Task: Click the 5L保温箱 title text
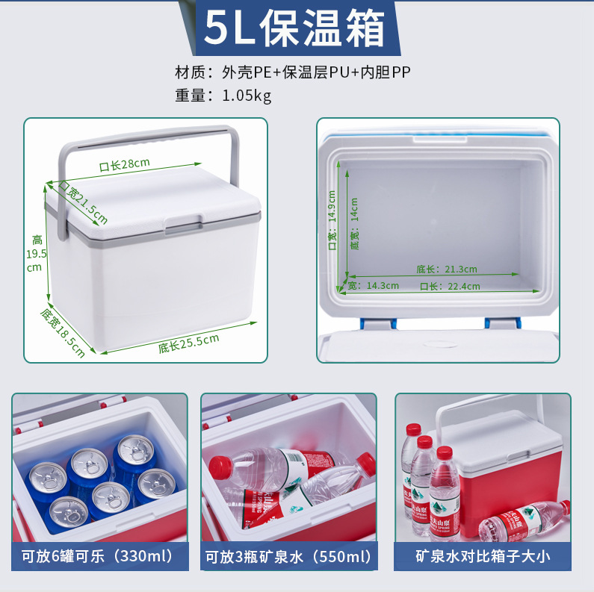(294, 28)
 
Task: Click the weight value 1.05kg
(247, 96)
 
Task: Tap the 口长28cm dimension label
(125, 165)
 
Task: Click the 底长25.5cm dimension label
(188, 343)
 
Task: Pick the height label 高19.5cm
(37, 254)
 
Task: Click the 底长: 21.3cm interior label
(447, 269)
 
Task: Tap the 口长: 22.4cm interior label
(450, 286)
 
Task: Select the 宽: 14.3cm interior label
(373, 285)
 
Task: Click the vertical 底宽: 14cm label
(354, 224)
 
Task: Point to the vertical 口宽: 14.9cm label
(332, 220)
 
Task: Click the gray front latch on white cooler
(184, 225)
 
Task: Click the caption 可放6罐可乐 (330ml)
(97, 556)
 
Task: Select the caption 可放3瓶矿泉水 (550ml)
(288, 556)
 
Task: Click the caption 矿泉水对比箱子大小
(483, 556)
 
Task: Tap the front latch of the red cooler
(518, 455)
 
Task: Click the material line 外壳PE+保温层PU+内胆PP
(316, 72)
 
